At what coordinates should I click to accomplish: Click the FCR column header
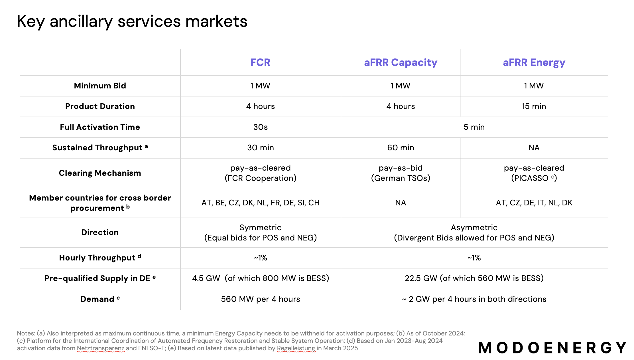(x=260, y=62)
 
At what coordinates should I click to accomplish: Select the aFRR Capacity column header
(x=400, y=62)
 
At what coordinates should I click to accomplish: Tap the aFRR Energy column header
(x=534, y=62)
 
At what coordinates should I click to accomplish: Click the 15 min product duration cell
(x=534, y=106)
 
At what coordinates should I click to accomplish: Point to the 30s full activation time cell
(x=260, y=127)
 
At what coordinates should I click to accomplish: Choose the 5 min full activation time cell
(x=474, y=127)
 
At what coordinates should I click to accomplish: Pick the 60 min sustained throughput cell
(x=400, y=147)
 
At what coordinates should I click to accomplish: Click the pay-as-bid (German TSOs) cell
(x=400, y=173)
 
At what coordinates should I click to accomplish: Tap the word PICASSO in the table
(x=530, y=178)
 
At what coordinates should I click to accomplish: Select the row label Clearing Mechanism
(x=100, y=173)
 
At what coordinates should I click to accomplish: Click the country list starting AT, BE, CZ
(x=260, y=203)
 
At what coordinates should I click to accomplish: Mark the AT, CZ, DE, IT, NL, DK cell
(x=534, y=203)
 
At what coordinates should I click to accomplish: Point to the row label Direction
(x=100, y=232)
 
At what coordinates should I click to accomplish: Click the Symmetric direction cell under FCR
(x=260, y=232)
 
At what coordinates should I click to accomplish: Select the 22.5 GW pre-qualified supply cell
(x=474, y=278)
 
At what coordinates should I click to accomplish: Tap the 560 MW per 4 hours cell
(x=260, y=299)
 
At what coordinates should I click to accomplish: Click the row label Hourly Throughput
(x=97, y=258)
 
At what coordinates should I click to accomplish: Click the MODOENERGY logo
(x=552, y=348)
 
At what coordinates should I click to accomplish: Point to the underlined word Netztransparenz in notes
(x=100, y=348)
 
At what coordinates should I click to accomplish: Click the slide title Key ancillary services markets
(x=132, y=21)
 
